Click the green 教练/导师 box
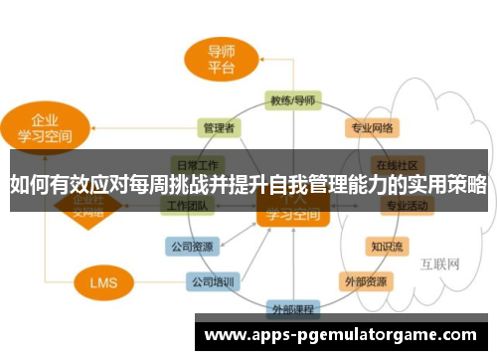tap(292, 100)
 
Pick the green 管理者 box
tap(219, 128)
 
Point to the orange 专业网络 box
tap(372, 128)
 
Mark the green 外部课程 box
tap(292, 307)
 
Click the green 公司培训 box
tap(212, 281)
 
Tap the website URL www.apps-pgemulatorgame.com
tap(339, 335)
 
